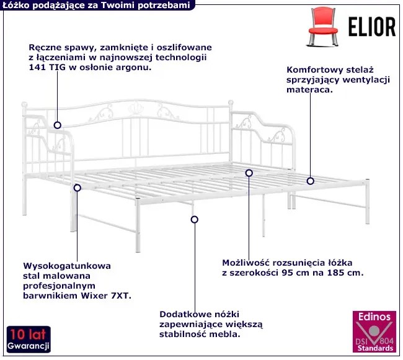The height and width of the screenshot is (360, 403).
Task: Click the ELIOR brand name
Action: [372, 27]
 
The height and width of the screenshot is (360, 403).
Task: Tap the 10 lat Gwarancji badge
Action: [29, 340]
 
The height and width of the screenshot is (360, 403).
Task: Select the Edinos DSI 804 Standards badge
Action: [374, 332]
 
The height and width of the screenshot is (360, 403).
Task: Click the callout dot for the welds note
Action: [57, 125]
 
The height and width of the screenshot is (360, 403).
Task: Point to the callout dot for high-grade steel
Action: [77, 188]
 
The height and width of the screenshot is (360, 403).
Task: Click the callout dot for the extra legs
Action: [195, 220]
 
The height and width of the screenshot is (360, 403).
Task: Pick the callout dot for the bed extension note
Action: [249, 173]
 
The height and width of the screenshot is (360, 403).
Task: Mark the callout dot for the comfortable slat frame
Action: [311, 181]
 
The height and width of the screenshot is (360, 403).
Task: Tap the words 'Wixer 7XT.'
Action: [106, 295]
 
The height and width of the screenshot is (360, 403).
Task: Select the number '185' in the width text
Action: [335, 272]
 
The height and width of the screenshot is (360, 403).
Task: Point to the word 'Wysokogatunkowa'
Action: [67, 266]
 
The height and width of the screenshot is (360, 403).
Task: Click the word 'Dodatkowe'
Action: [185, 314]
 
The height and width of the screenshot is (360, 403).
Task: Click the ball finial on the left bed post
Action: [24, 105]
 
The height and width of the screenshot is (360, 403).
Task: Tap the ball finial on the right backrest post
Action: [231, 102]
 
